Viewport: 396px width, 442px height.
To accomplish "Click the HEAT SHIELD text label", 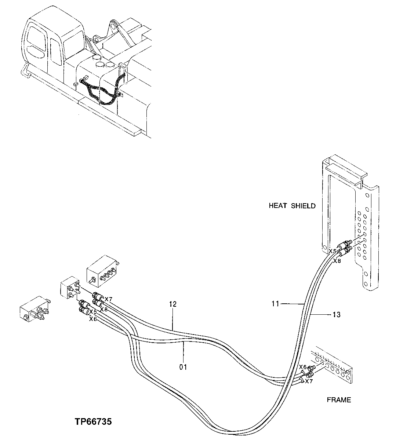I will coord(292,206).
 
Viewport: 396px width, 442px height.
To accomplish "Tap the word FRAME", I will coord(339,400).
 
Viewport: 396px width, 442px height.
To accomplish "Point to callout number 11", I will coord(276,304).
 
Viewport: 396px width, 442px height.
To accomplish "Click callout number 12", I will coord(173,304).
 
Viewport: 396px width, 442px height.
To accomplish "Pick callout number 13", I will coord(336,315).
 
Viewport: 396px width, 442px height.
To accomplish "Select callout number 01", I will coord(183,367).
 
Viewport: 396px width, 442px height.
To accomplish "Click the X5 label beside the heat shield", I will coord(332,251).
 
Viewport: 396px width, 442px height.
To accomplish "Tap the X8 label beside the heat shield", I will coord(337,261).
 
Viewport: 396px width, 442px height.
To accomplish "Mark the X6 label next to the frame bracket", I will coord(302,367).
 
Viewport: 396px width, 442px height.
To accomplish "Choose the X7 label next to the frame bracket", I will coord(309,381).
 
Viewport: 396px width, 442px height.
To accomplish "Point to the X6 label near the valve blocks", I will coord(92,319).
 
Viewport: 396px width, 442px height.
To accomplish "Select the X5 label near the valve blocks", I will coord(93,312).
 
